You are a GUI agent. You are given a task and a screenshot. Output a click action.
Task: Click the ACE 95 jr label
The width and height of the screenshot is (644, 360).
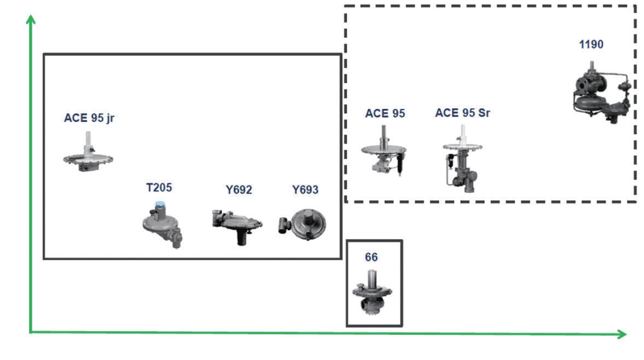[89, 117]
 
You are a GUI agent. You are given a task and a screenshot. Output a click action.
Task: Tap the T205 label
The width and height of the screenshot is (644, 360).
[158, 188]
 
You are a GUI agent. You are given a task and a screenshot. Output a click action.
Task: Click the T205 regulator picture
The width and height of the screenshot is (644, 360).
[162, 225]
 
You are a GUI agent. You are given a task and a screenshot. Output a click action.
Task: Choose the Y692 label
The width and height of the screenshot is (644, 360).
[239, 189]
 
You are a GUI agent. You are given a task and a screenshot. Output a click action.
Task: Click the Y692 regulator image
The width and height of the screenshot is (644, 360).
[236, 223]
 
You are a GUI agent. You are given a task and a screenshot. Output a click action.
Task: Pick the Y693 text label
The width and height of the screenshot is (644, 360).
[305, 189]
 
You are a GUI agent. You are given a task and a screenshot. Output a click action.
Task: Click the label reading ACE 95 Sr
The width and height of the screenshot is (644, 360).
[462, 113]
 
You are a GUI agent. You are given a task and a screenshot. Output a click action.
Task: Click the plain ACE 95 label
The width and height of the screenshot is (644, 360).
[385, 113]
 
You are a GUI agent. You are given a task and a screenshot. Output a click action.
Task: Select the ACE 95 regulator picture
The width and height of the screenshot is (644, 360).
[383, 154]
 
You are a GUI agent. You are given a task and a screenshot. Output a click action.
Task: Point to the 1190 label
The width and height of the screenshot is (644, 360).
[591, 44]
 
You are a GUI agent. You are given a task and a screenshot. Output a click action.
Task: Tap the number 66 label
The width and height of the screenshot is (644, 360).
[371, 257]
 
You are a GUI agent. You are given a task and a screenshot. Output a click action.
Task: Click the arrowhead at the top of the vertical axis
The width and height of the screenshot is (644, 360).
[30, 20]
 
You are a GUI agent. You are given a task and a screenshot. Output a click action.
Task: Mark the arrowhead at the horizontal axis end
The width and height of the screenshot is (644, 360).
[621, 334]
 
